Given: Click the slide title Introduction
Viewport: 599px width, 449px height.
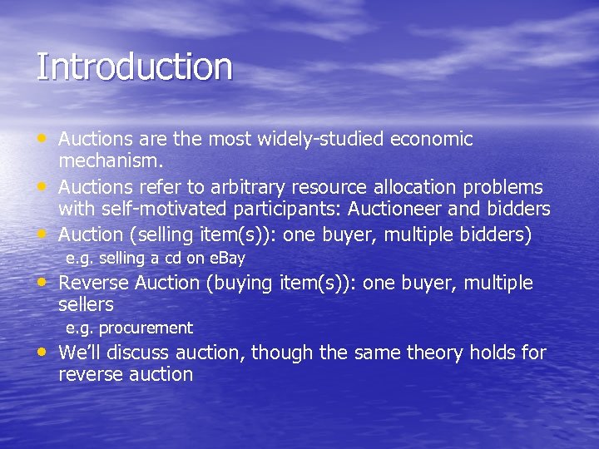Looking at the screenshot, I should coord(134,67).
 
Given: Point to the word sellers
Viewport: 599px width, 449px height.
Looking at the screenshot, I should coord(86,304).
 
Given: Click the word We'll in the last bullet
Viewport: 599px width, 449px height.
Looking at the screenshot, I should coord(80,353).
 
